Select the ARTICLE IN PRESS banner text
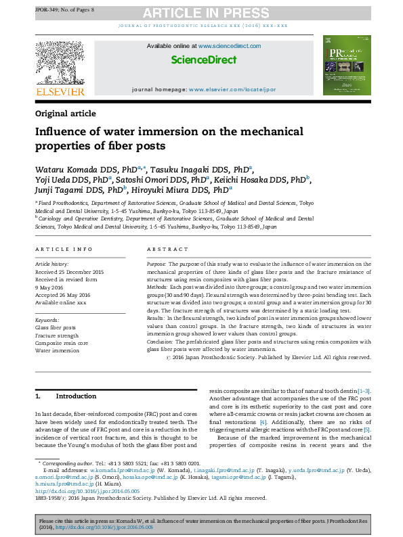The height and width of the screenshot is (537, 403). point(201,13)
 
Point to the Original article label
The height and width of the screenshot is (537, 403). point(65,114)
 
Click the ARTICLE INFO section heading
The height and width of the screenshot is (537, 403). point(64,250)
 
